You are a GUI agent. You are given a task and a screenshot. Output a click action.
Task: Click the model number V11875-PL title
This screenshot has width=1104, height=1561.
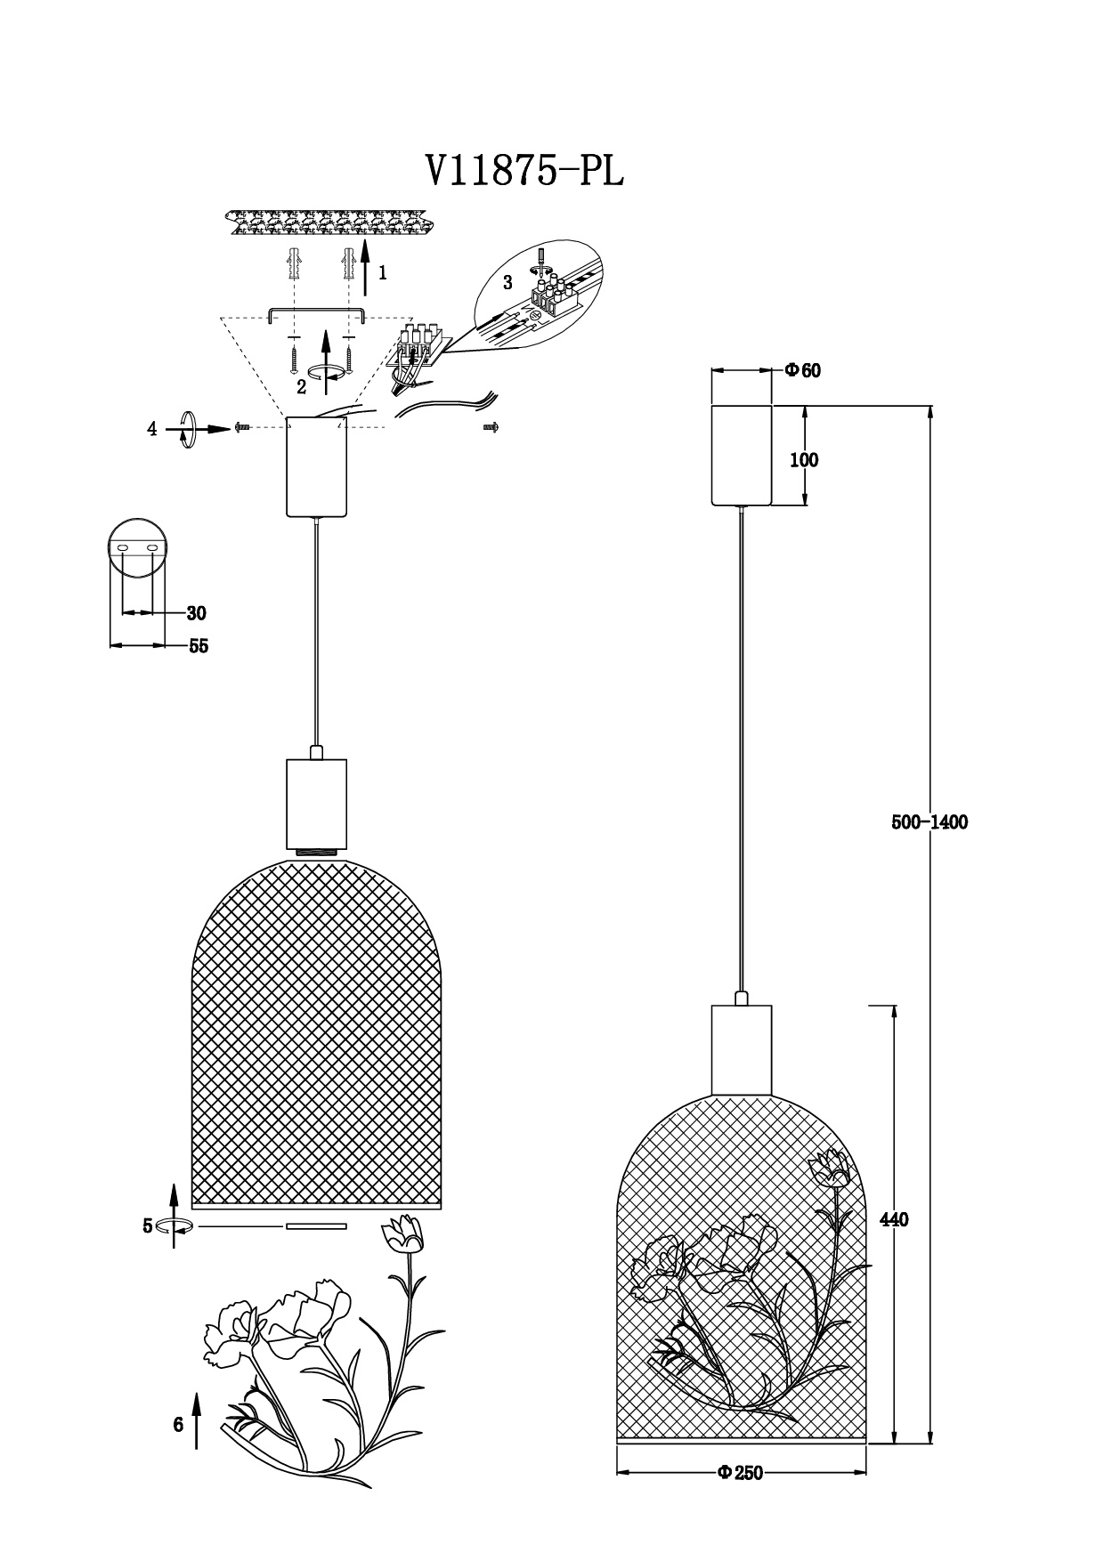pos(524,171)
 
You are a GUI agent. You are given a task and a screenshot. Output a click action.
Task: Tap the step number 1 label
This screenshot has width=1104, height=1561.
pos(383,273)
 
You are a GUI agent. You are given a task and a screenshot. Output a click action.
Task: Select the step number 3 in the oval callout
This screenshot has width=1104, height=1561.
pos(507,283)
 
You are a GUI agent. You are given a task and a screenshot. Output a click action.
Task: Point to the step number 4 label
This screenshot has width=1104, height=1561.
pos(152,429)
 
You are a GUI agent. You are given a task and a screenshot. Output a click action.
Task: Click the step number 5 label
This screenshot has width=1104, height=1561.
pos(148,1226)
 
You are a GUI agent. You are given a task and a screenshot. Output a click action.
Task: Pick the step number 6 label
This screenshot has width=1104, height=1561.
pos(178,1425)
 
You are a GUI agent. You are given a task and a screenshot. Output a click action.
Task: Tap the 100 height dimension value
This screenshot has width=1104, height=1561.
pos(804,460)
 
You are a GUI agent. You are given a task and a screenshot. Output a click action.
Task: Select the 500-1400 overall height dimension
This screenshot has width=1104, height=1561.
pos(929,822)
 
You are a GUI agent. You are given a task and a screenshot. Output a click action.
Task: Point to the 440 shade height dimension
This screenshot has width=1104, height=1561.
pos(893,1220)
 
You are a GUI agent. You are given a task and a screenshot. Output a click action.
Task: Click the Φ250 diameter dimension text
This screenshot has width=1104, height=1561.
pos(741,1473)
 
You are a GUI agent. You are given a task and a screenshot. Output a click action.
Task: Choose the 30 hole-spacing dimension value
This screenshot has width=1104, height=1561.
pos(197,613)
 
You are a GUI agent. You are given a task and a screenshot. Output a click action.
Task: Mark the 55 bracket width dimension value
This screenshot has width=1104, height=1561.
pos(199,646)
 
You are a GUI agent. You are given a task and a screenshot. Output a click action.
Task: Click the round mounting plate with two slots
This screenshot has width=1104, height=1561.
pos(137,546)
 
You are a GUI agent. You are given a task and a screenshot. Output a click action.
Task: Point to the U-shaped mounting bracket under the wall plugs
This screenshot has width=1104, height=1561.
pos(316,313)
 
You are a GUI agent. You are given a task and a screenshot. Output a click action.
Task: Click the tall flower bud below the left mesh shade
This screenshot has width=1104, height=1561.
pos(402,1233)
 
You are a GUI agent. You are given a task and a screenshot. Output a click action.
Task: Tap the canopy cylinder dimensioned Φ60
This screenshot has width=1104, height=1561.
pos(741,455)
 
